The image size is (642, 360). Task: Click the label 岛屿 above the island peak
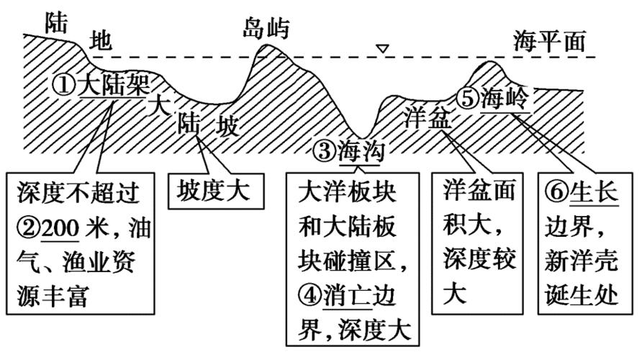[x=266, y=29]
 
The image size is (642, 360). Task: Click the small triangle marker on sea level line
[x=384, y=49]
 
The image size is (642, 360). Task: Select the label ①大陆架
[x=101, y=86]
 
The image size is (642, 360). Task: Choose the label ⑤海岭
[x=496, y=99]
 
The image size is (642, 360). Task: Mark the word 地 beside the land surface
[x=100, y=41]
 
